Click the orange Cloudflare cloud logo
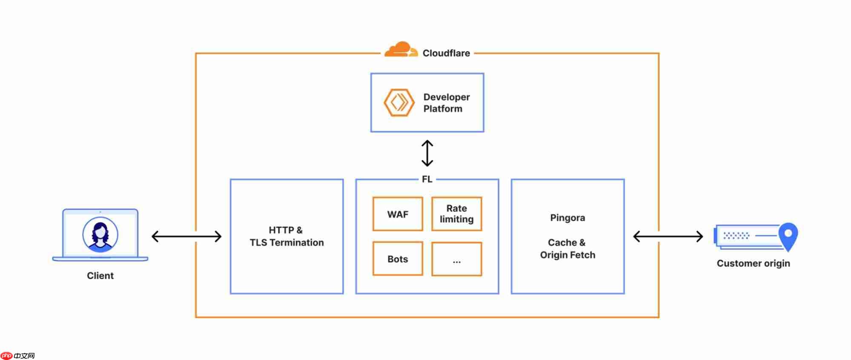(400, 50)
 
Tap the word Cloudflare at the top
(446, 53)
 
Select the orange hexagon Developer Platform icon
(399, 103)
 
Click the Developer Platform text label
(446, 103)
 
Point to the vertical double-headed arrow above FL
(427, 153)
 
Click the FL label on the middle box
(427, 179)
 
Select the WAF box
(398, 214)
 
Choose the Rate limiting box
(456, 214)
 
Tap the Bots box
(398, 259)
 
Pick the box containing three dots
(456, 259)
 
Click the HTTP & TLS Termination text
(287, 236)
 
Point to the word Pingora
(567, 218)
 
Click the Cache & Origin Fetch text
(567, 249)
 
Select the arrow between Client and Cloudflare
(186, 237)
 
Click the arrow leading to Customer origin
(668, 237)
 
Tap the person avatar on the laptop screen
(100, 234)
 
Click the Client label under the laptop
(100, 276)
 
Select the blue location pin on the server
(788, 235)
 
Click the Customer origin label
(753, 263)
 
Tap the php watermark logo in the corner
(7, 356)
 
